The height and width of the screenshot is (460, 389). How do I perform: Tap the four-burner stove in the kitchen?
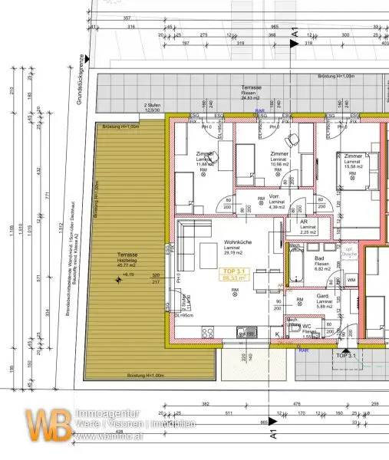[x=208, y=332]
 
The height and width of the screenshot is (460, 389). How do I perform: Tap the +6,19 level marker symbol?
[x=118, y=280]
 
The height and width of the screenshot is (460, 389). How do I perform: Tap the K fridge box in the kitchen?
[x=277, y=333]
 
